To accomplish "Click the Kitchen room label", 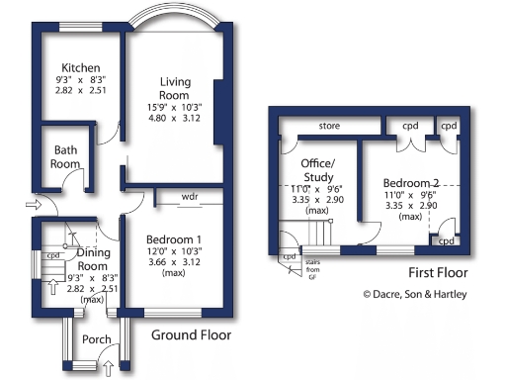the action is coord(81,68).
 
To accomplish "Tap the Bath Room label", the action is coord(65,157).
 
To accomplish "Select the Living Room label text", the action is coord(175,88).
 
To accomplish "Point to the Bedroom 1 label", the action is coord(174,239).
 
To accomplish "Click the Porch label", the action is coord(97,339).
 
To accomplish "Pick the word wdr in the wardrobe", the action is coord(190,197).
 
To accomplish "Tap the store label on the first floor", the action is coord(329,126).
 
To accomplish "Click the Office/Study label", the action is coord(318,170).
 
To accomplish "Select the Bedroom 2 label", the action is coord(411,183).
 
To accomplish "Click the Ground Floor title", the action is coord(191,335).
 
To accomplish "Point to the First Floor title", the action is coord(438,273).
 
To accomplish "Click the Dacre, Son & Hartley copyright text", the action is coord(415,294).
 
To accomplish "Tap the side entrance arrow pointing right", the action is coord(34,205).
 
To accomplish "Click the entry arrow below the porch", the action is coord(109,368).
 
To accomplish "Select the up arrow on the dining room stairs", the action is coord(53,287).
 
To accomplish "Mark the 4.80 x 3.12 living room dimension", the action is coord(174,118).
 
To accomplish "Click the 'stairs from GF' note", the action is coord(312,270).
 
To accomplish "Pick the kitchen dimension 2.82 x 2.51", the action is coord(81,90).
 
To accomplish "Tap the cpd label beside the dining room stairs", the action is coord(53,255).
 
